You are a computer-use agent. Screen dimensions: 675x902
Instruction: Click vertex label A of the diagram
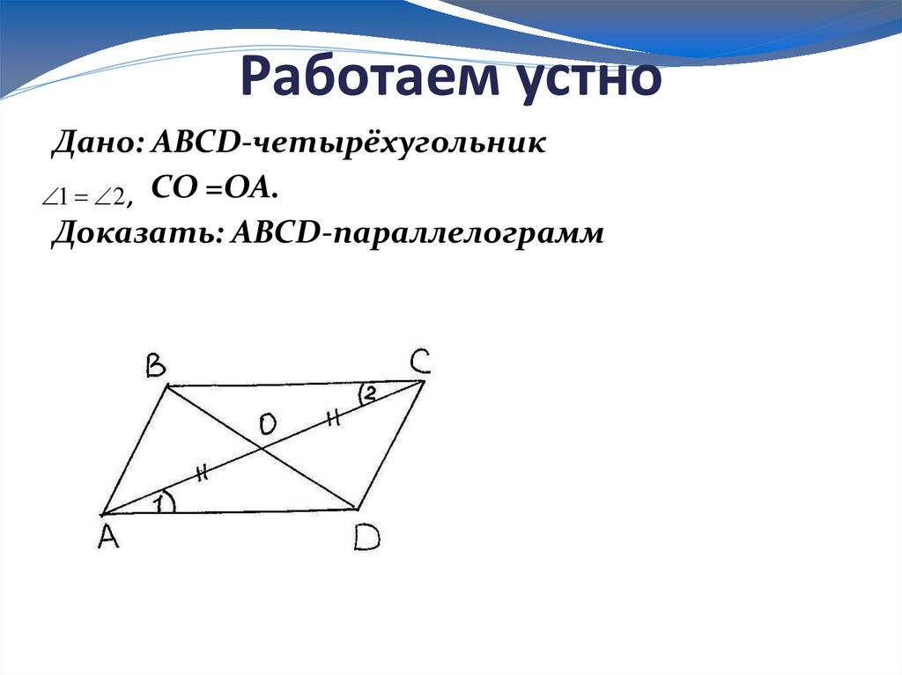[x=108, y=537]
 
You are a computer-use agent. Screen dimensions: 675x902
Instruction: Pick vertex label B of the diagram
[x=155, y=366]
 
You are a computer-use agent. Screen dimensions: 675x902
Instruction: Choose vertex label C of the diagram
[x=418, y=362]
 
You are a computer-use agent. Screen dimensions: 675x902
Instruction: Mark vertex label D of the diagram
[x=366, y=537]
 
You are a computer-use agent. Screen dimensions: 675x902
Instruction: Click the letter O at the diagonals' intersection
[x=268, y=425]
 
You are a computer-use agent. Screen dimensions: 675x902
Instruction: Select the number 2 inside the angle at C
[x=370, y=395]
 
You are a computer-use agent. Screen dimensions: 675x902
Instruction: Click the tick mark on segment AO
[x=202, y=473]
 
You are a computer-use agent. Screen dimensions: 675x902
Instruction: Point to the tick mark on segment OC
[x=334, y=419]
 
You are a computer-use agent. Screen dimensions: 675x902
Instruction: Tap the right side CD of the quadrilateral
[x=391, y=444]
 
